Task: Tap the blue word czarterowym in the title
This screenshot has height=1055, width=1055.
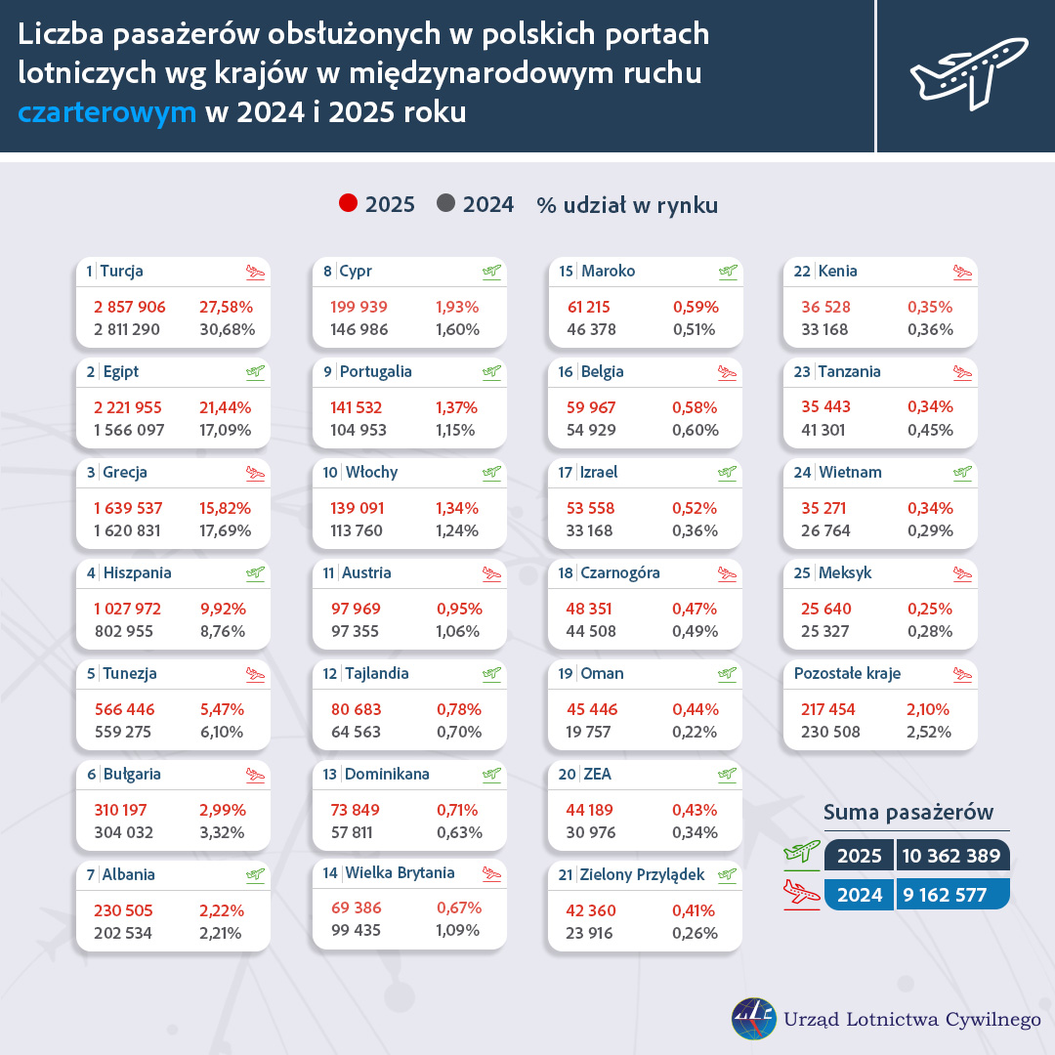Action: pyautogui.click(x=107, y=111)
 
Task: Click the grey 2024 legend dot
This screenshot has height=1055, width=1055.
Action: pyautogui.click(x=447, y=204)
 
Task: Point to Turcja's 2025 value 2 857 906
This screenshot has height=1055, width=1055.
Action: pyautogui.click(x=130, y=307)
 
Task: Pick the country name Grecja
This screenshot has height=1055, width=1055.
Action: pyautogui.click(x=124, y=473)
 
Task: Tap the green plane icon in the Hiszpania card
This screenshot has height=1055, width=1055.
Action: pyautogui.click(x=255, y=573)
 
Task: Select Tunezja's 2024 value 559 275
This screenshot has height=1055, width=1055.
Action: pyautogui.click(x=123, y=732)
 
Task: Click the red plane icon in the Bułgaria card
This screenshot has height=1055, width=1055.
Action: pyautogui.click(x=255, y=775)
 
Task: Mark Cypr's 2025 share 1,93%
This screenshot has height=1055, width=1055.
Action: pyautogui.click(x=457, y=307)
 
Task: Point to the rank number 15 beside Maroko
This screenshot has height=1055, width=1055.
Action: pyautogui.click(x=567, y=272)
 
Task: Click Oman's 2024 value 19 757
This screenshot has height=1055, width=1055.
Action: pyautogui.click(x=592, y=732)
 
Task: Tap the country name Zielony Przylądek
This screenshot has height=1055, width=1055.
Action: pyautogui.click(x=642, y=875)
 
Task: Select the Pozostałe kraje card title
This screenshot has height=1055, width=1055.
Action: pyautogui.click(x=847, y=674)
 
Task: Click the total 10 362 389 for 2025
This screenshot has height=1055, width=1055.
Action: pyautogui.click(x=953, y=857)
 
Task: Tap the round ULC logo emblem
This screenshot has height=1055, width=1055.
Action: pyautogui.click(x=754, y=1018)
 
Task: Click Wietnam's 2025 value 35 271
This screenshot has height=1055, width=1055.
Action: pyautogui.click(x=826, y=508)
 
